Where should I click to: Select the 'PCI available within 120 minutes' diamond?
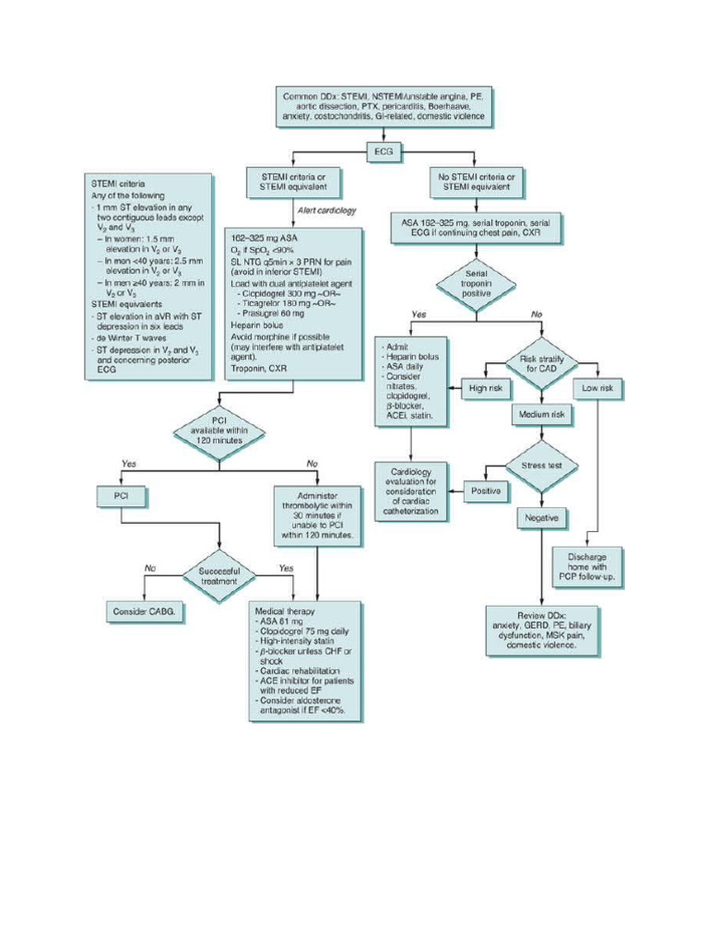click(218, 430)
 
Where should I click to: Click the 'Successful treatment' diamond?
click(218, 576)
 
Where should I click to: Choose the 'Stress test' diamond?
click(541, 466)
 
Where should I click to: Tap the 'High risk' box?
click(485, 389)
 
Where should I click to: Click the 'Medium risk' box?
click(543, 416)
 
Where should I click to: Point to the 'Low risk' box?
click(597, 389)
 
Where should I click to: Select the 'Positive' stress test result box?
click(485, 491)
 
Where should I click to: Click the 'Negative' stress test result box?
click(541, 518)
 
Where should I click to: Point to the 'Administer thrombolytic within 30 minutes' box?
click(316, 513)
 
